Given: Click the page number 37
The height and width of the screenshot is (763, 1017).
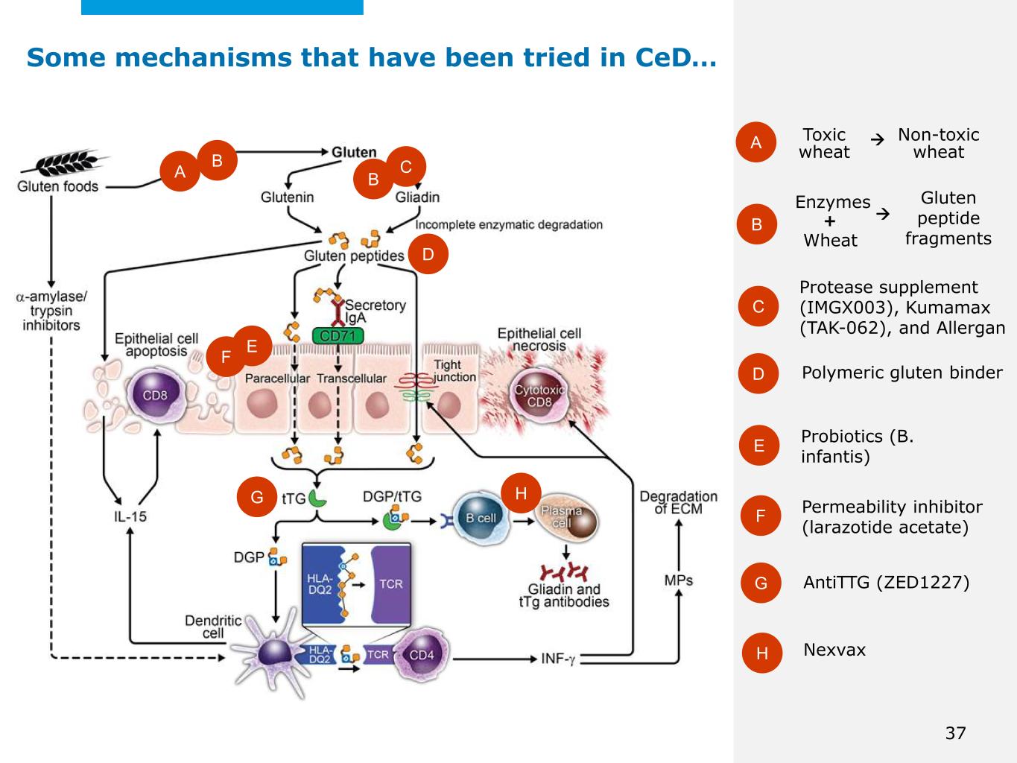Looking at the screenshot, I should [x=955, y=733].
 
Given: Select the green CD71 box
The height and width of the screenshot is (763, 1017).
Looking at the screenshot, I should [x=338, y=336].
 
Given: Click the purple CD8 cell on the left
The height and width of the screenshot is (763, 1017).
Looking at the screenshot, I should [x=154, y=396].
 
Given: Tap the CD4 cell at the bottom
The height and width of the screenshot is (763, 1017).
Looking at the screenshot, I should [x=421, y=655].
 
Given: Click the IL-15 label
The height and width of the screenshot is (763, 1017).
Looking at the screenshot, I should [x=130, y=516].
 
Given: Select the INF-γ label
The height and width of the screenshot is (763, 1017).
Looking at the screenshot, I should [x=558, y=659].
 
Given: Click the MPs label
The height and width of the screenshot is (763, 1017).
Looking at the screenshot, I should [x=678, y=580].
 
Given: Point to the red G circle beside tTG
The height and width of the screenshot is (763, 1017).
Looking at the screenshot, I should [x=257, y=497].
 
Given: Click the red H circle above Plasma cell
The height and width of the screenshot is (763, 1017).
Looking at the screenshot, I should [x=521, y=493].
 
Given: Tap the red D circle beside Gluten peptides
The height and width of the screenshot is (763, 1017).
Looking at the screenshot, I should [x=428, y=254].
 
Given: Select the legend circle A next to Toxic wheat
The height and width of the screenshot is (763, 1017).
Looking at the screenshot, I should [x=755, y=142].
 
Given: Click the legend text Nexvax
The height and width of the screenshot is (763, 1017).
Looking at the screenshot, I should [x=834, y=650].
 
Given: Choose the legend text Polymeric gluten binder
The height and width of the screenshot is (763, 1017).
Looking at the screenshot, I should [x=902, y=373].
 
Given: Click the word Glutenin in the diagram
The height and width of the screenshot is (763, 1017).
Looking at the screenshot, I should [x=287, y=197].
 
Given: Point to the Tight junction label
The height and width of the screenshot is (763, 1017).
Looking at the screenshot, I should [x=454, y=370].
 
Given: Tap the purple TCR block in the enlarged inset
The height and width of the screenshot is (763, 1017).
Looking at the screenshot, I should [x=391, y=583].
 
